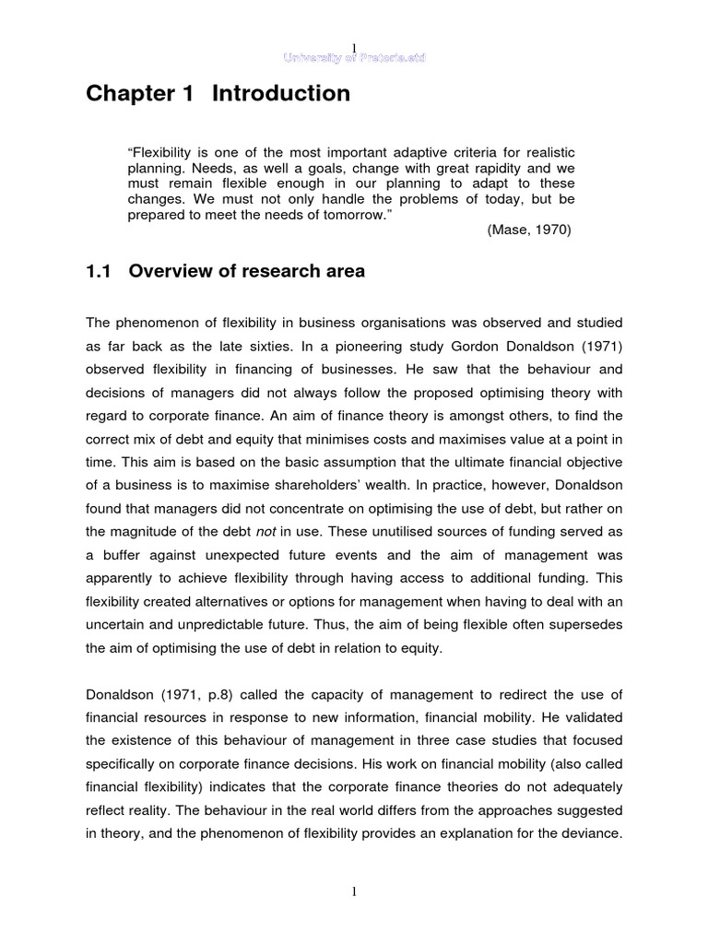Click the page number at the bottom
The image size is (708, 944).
[x=354, y=893]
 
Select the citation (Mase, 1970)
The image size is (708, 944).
[x=529, y=230]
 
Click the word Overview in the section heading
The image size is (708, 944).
[x=167, y=271]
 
